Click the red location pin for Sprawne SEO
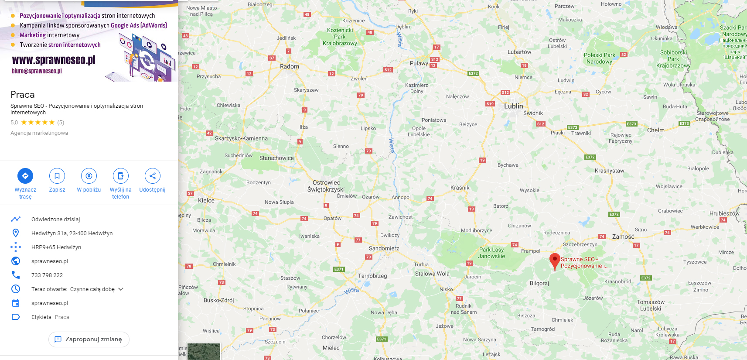pos(554,261)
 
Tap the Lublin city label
pos(513,106)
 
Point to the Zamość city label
pos(623,237)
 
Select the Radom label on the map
pos(290,66)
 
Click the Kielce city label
pos(206,200)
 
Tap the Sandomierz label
pos(384,248)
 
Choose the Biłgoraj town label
pos(539,283)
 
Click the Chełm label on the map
pos(656,130)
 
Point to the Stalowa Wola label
pos(432,274)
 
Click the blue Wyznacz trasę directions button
pos(25,176)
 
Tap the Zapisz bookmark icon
pos(57,176)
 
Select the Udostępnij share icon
pos(152,176)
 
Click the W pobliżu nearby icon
pos(89,176)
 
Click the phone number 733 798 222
pos(47,275)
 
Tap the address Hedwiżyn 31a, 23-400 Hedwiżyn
pos(72,233)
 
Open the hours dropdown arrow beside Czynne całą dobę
pos(121,289)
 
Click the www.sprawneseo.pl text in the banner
pos(54,60)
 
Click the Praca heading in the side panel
pos(23,95)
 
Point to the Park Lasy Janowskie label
pos(491,253)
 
